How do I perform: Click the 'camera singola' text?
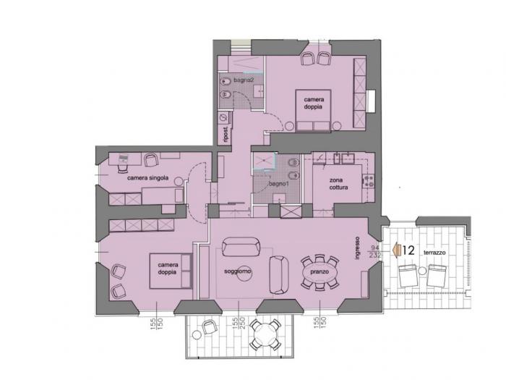[x=147, y=177]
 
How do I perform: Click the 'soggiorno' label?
[x=238, y=271]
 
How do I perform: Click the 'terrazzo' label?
[x=435, y=252]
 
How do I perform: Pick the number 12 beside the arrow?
[x=408, y=251]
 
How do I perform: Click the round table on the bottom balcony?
[x=265, y=335]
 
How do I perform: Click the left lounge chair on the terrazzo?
[x=408, y=277]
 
